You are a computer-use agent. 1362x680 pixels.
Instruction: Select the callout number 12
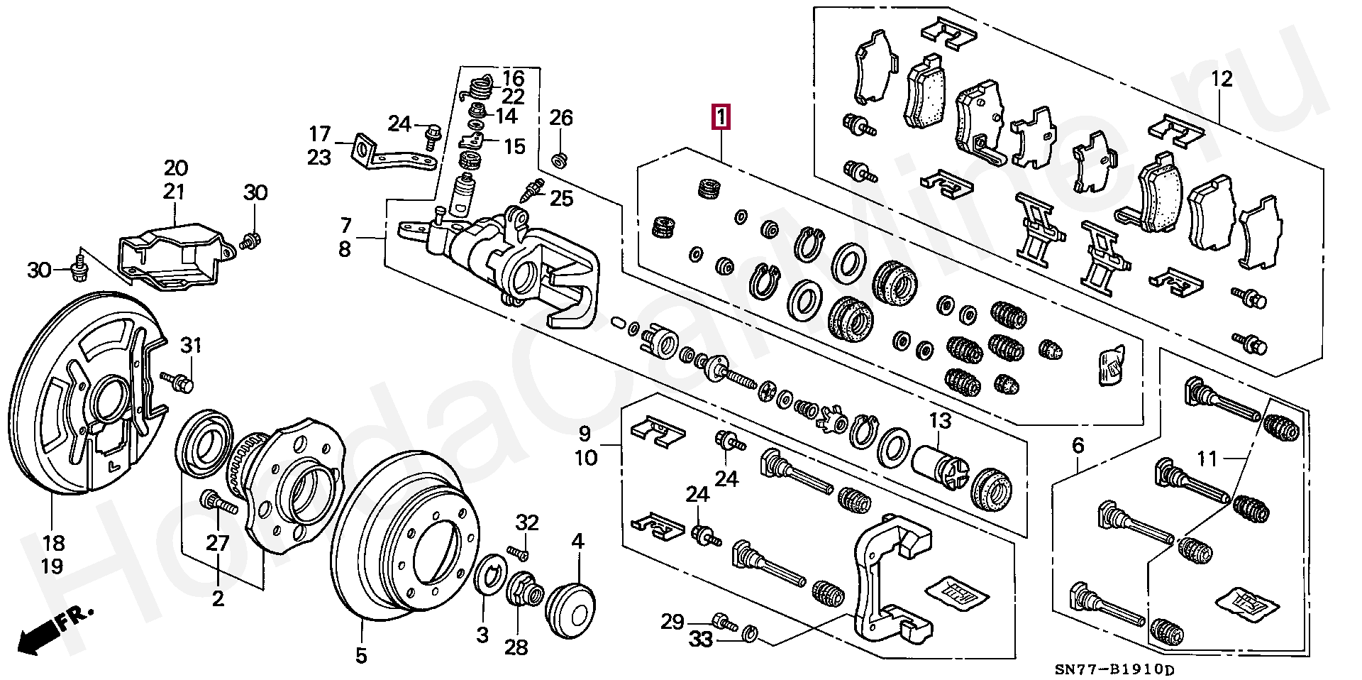click(x=1222, y=79)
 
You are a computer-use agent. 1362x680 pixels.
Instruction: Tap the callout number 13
click(x=939, y=421)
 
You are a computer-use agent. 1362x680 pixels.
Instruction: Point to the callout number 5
click(x=361, y=656)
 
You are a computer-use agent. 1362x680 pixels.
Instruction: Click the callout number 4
click(x=577, y=543)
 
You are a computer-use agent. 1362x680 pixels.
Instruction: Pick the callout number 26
click(x=560, y=118)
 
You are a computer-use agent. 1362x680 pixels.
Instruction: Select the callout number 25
click(x=561, y=198)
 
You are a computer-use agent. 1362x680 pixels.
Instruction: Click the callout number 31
click(x=191, y=346)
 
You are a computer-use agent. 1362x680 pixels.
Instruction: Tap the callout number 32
click(x=527, y=523)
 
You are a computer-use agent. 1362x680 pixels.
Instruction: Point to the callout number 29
click(x=672, y=622)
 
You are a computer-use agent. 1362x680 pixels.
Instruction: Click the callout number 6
click(x=1078, y=446)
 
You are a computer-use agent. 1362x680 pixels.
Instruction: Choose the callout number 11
click(x=1207, y=459)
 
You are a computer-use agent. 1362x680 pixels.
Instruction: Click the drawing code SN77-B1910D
click(x=1114, y=669)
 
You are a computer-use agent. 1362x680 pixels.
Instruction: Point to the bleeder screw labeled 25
click(x=531, y=190)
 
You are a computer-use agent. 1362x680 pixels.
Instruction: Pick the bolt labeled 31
click(x=181, y=382)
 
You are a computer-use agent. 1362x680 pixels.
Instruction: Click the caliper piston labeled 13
click(x=936, y=468)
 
